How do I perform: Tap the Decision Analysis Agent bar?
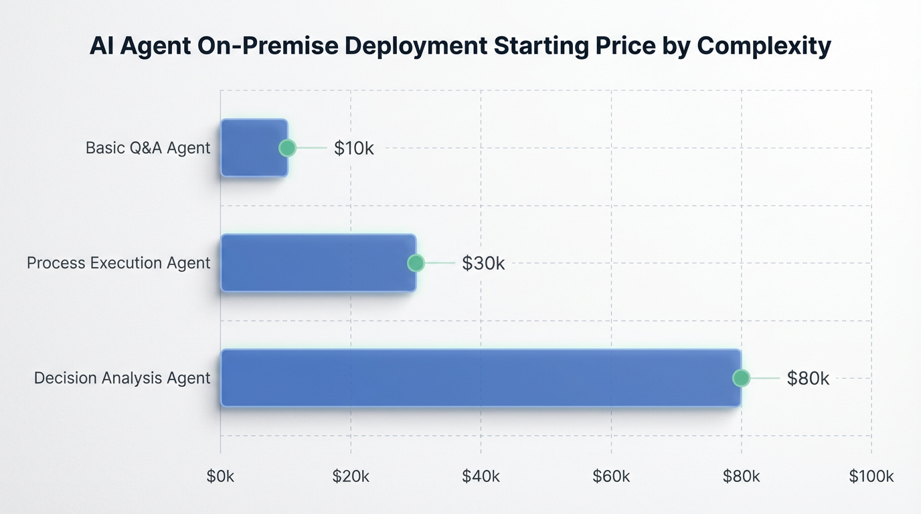479,378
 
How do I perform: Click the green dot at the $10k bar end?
287,148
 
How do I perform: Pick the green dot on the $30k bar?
416,263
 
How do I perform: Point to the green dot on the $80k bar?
740,378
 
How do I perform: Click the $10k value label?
353,148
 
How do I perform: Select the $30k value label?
483,263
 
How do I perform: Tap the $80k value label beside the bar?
808,378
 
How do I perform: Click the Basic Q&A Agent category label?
148,148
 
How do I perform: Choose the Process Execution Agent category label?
118,263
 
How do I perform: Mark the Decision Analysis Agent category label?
122,378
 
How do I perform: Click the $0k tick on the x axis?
221,476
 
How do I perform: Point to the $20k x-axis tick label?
351,476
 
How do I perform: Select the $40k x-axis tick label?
481,476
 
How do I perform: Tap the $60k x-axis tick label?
611,476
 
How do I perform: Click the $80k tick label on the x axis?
741,476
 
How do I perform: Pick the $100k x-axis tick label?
871,476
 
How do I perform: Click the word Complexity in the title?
764,46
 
